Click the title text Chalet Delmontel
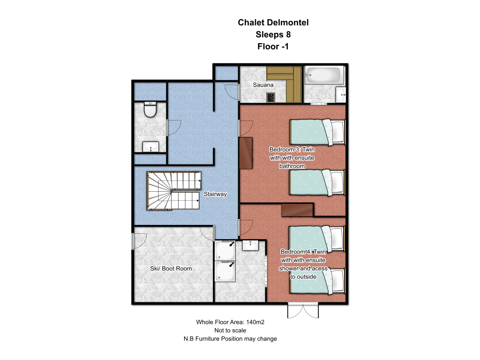[x=273, y=22]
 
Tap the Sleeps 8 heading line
[x=273, y=35]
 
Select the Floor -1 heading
[x=273, y=46]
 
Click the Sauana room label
[x=263, y=85]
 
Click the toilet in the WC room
[x=150, y=110]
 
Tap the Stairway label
[x=215, y=194]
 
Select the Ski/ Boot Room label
[x=171, y=269]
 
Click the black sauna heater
[x=270, y=97]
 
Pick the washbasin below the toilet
[x=150, y=147]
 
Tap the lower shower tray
[x=225, y=271]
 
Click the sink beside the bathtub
[x=341, y=95]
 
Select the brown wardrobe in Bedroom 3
[x=246, y=153]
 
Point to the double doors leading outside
[x=303, y=311]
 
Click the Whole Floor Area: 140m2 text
[x=230, y=322]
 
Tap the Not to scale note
[x=230, y=330]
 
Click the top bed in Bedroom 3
[x=317, y=132]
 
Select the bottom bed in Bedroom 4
[x=317, y=281]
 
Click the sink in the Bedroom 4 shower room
[x=251, y=246]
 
